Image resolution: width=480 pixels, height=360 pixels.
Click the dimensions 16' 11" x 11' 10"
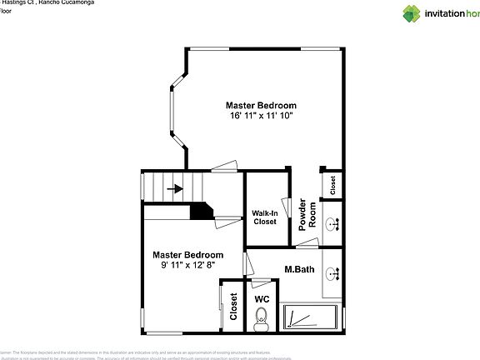coord(262,116)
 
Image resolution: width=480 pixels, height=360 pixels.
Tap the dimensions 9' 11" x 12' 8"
coord(187,265)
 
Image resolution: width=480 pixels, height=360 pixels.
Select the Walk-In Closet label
coord(265,217)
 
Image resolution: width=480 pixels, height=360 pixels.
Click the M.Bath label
coord(298,269)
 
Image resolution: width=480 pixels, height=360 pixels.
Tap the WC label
coord(262,298)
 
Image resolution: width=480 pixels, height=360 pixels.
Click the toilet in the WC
coord(262,316)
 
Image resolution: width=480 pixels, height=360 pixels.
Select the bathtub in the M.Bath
coord(310,317)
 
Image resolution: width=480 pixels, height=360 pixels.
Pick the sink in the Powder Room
coord(332,223)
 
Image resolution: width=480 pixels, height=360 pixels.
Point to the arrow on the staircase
coord(175,188)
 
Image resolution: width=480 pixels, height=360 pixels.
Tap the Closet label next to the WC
coord(233,306)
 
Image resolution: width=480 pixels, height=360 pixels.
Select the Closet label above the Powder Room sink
coord(332,184)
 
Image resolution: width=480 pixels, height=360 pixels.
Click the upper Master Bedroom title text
coord(262,105)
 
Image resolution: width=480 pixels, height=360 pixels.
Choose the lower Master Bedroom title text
coord(187,254)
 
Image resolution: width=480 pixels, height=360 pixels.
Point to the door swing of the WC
coord(248,265)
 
